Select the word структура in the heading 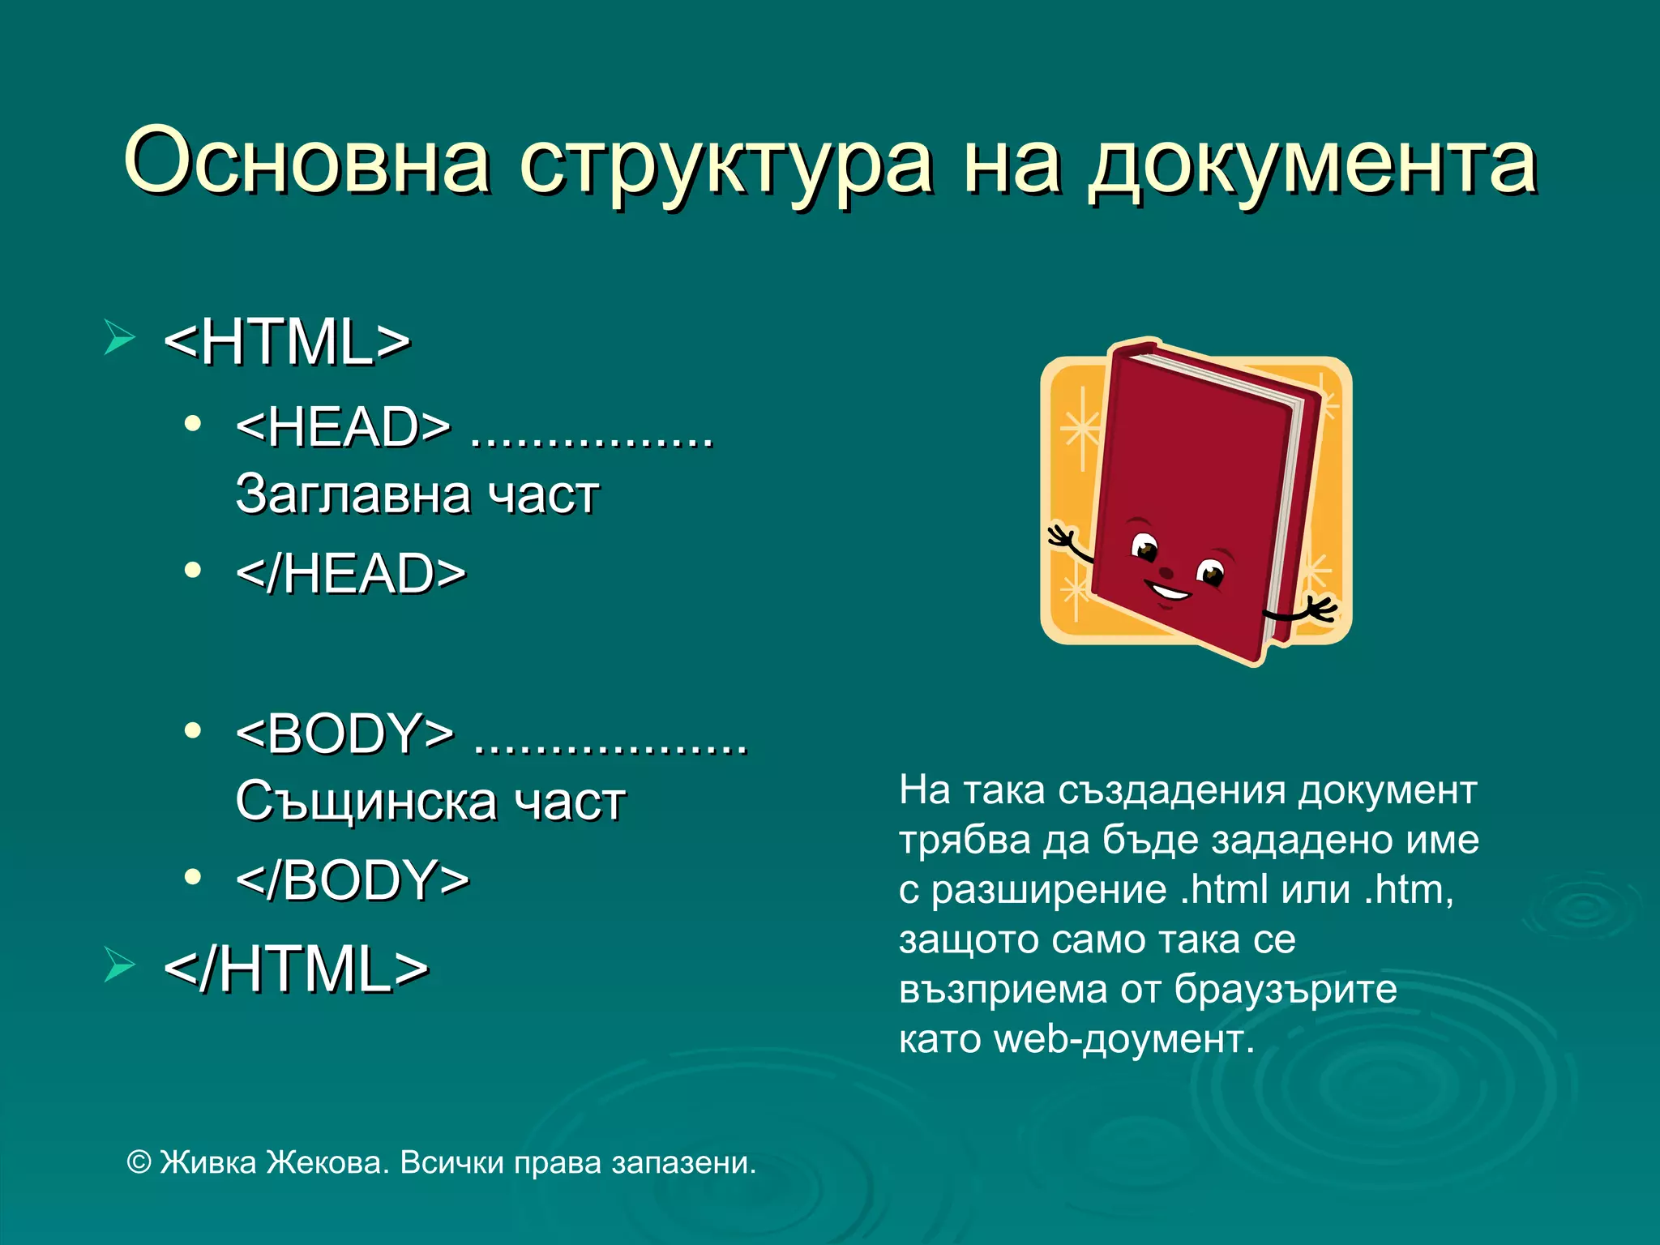point(726,166)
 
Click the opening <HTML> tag point(287,342)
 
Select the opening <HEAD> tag point(343,427)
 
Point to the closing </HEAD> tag point(351,574)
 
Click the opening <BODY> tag point(345,734)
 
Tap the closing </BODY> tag point(353,880)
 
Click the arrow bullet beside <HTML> point(119,337)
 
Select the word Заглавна point(353,494)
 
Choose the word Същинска point(366,802)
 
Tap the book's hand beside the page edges point(1317,609)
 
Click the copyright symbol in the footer point(139,1163)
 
